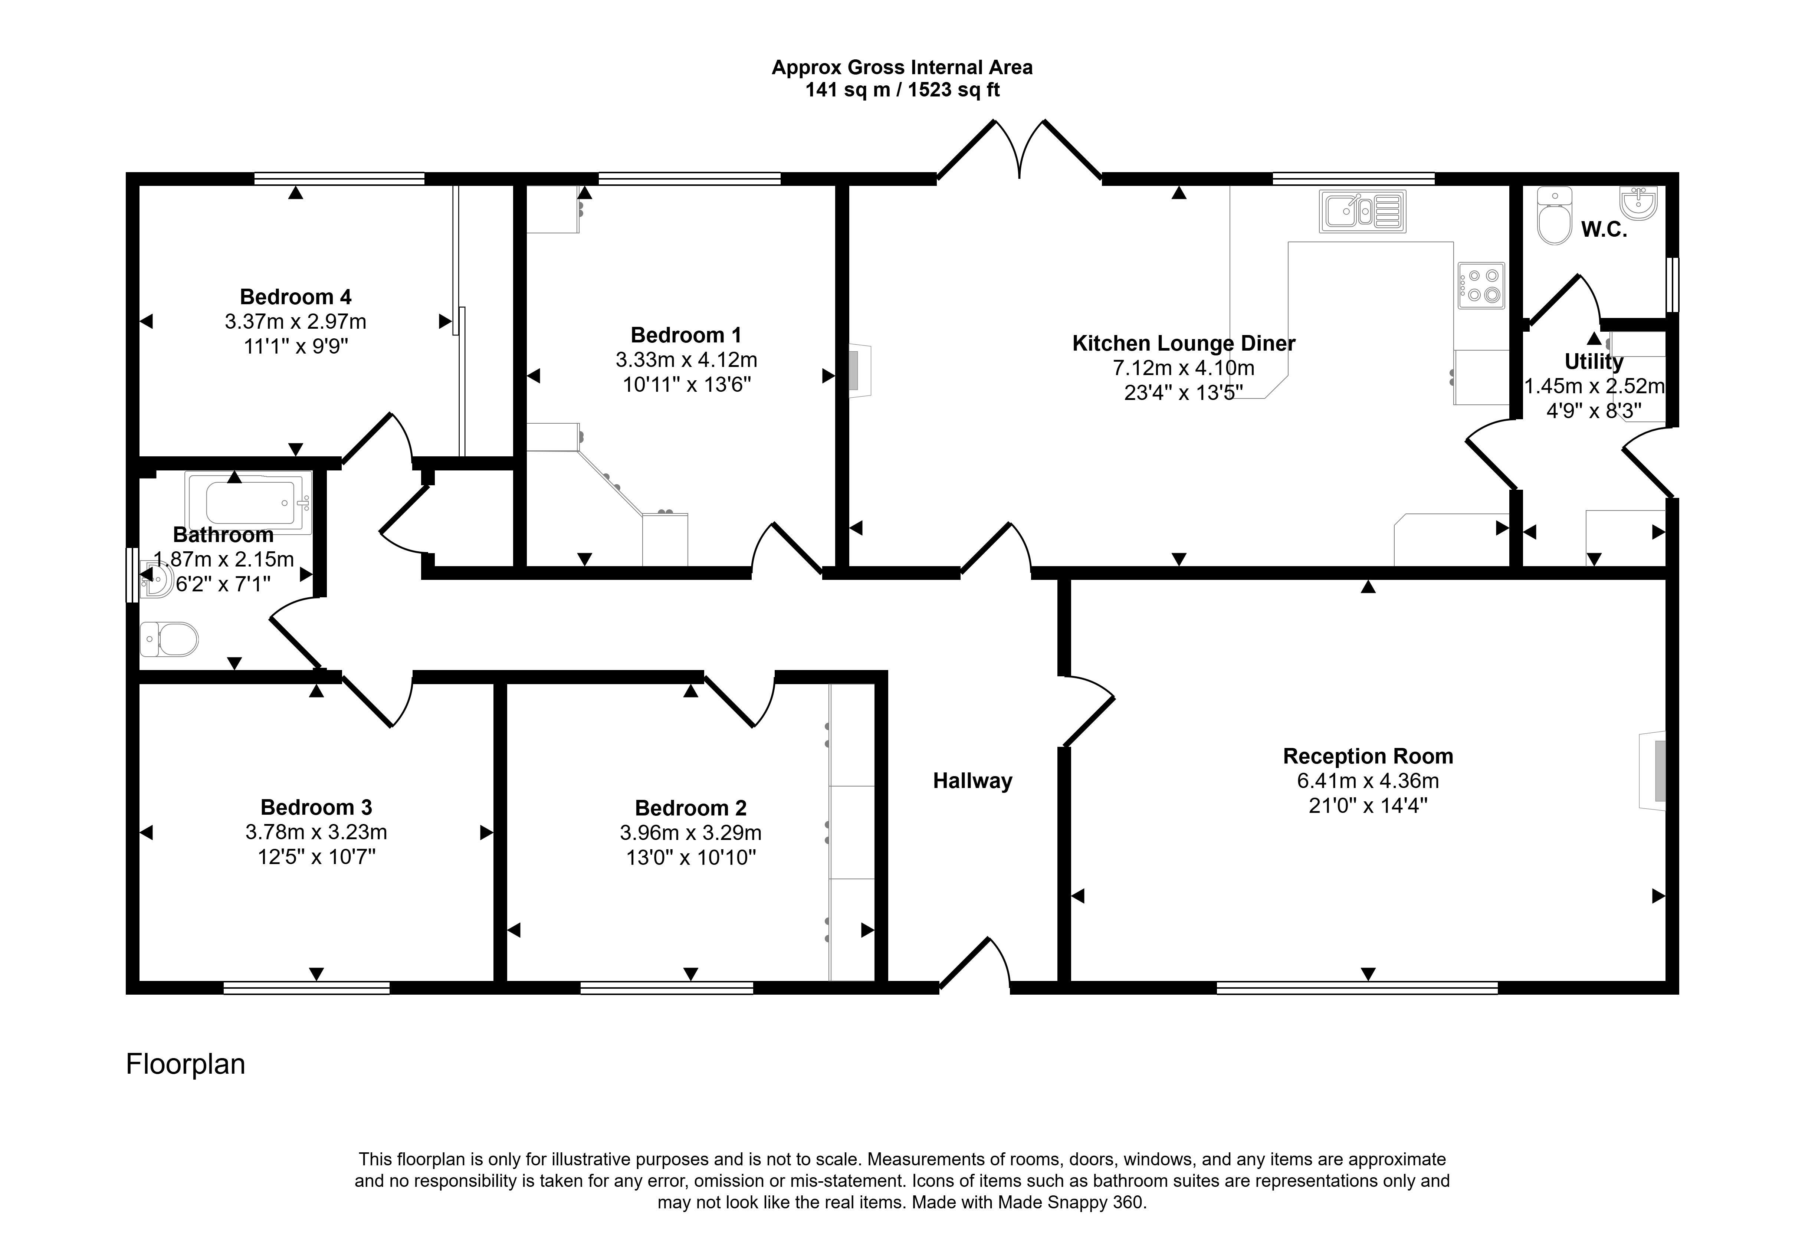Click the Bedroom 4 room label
pyautogui.click(x=296, y=297)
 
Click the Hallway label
pyautogui.click(x=972, y=781)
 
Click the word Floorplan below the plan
pyautogui.click(x=186, y=1064)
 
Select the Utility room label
pyautogui.click(x=1594, y=362)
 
